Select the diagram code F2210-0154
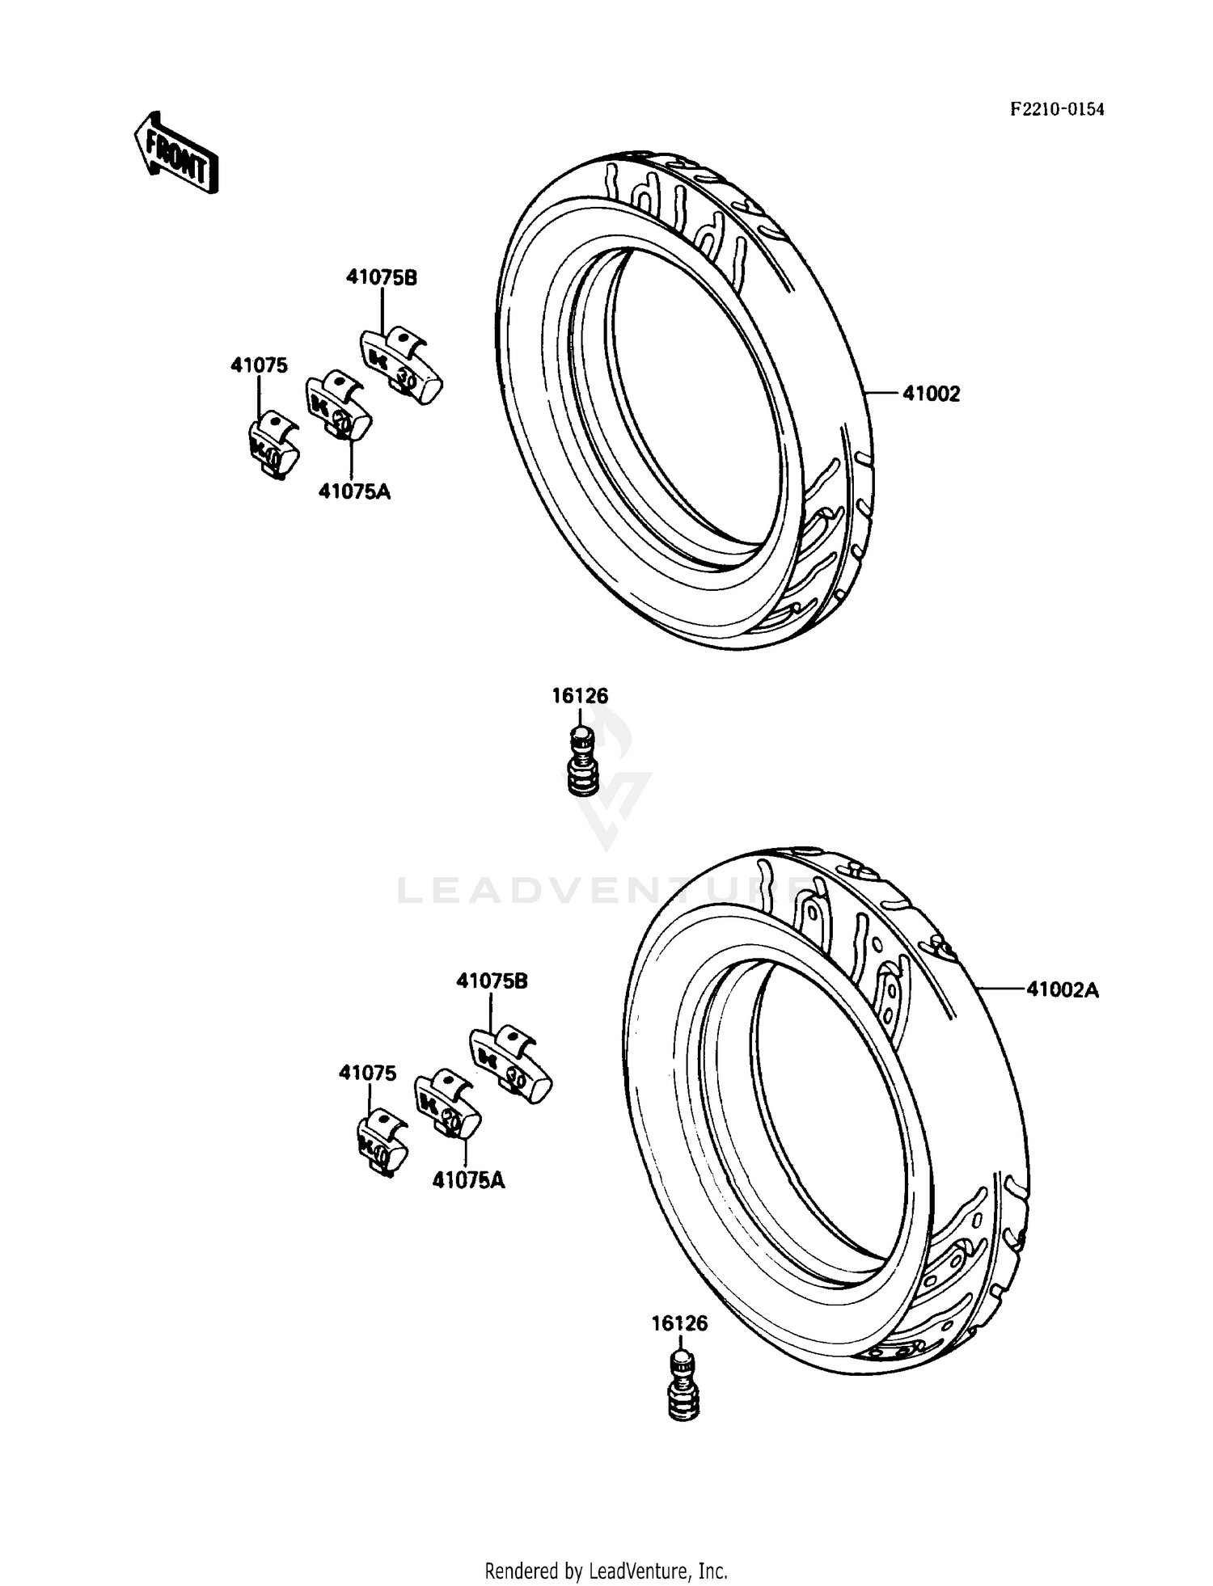pyautogui.click(x=1056, y=110)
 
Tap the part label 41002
pyautogui.click(x=931, y=394)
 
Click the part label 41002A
pyautogui.click(x=1063, y=989)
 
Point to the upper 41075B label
pyautogui.click(x=382, y=277)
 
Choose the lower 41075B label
pyautogui.click(x=492, y=981)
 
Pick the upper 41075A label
pyautogui.click(x=354, y=491)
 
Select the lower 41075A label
pyautogui.click(x=468, y=1181)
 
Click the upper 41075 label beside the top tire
pyautogui.click(x=259, y=365)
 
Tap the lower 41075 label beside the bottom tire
pyautogui.click(x=368, y=1074)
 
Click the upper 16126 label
pyautogui.click(x=580, y=696)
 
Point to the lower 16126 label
pyautogui.click(x=679, y=1324)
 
